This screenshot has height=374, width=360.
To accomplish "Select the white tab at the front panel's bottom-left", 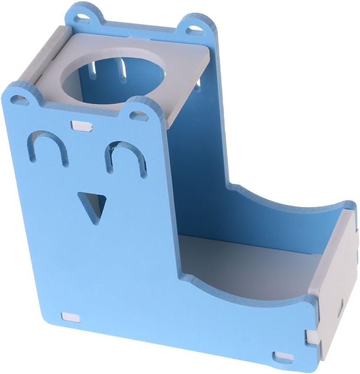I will (70, 316).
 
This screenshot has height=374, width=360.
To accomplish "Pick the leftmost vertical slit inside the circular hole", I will (93, 67).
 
